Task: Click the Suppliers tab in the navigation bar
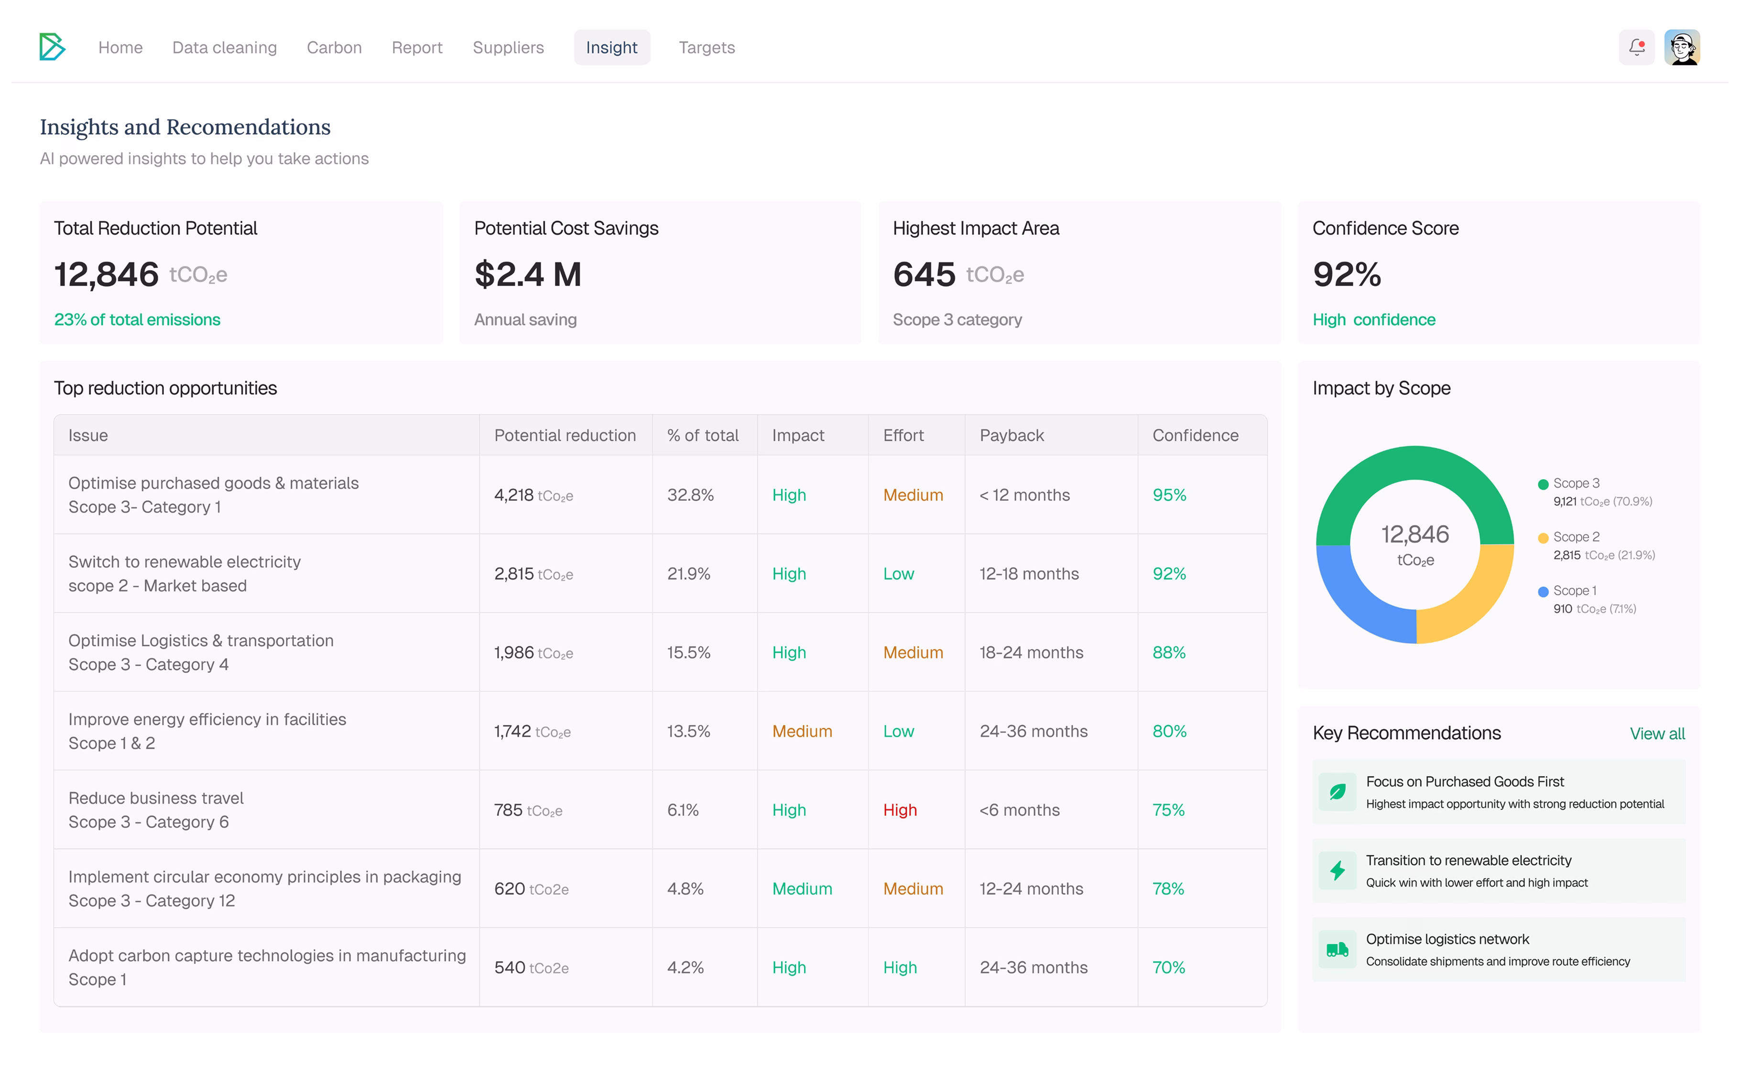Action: [508, 47]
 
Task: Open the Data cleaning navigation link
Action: [224, 47]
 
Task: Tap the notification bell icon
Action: [1636, 47]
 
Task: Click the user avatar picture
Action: [1682, 47]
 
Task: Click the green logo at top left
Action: [52, 47]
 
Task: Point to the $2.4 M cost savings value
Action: [528, 274]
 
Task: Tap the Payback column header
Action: [1011, 435]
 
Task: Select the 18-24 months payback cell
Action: [1032, 652]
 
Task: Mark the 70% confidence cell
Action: [1168, 967]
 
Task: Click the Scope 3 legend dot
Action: [1543, 485]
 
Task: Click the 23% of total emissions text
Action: [137, 319]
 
